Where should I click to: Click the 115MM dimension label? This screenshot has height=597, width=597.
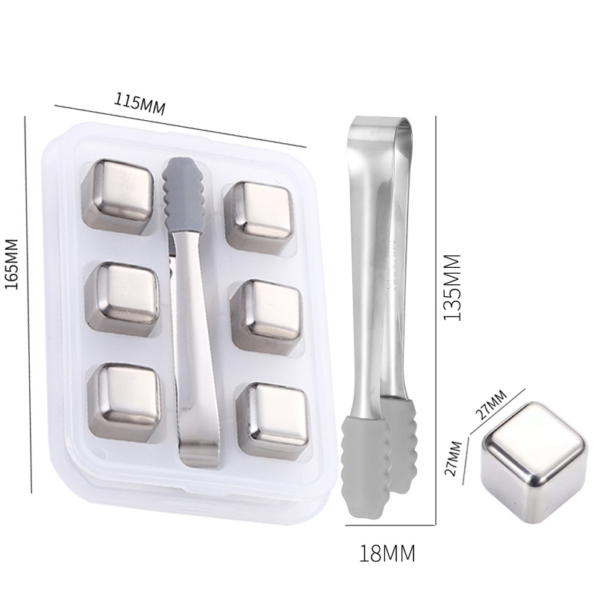pos(140,102)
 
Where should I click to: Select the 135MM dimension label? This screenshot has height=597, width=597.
pos(453,287)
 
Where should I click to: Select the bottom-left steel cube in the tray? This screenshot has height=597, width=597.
pos(124,398)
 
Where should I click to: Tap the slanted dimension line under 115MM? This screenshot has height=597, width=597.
pos(179,125)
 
